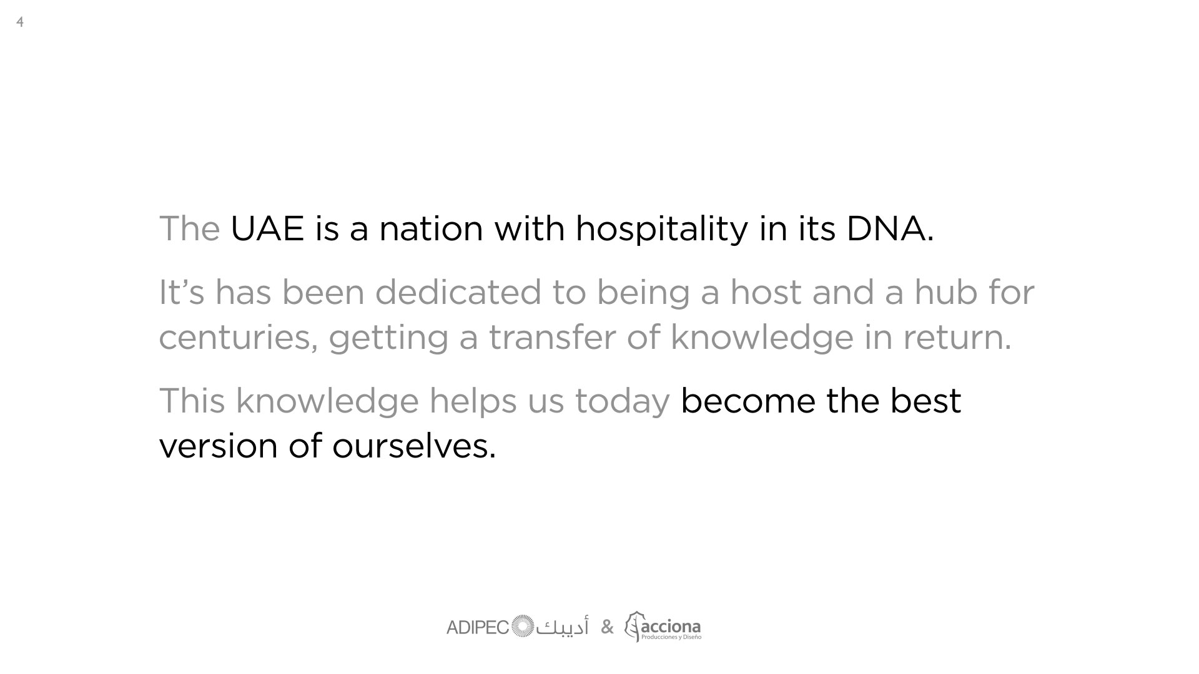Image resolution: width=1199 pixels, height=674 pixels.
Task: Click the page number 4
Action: (x=20, y=22)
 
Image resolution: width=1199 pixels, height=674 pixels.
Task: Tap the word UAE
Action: (x=267, y=228)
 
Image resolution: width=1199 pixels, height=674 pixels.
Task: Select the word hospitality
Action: (x=661, y=230)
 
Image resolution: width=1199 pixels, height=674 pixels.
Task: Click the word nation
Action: (x=432, y=228)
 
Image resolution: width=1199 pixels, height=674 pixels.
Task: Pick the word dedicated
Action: (x=458, y=292)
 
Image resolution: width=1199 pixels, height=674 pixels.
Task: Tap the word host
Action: (x=766, y=292)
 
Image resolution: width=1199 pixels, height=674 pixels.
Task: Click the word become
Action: (x=748, y=401)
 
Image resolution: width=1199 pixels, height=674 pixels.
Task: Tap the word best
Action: (x=925, y=401)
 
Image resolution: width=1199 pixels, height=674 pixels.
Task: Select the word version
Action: (x=218, y=446)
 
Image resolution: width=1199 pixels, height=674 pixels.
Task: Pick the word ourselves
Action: (x=414, y=446)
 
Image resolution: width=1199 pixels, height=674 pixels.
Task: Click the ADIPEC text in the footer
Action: (x=478, y=628)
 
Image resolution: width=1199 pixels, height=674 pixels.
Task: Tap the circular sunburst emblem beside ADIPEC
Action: (x=523, y=627)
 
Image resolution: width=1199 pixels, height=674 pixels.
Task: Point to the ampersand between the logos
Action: (x=607, y=627)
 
